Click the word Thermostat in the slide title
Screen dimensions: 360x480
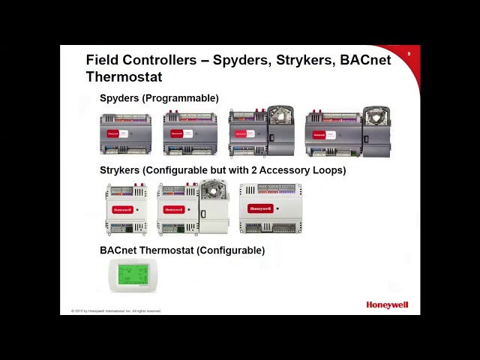tap(124, 76)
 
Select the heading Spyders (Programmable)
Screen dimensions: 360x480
tap(159, 98)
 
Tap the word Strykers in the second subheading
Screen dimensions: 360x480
tap(119, 170)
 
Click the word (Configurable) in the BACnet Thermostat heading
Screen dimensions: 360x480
tap(230, 250)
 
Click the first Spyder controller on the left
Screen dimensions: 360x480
tap(126, 133)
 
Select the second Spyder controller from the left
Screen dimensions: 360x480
tap(190, 133)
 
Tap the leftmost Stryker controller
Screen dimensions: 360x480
tap(125, 209)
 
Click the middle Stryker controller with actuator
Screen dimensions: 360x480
tap(193, 208)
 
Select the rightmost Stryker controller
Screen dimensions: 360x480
tap(270, 208)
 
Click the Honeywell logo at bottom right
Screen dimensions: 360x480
tap(387, 305)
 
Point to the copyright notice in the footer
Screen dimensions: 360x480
tap(116, 310)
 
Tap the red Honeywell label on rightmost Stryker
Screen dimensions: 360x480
tap(260, 209)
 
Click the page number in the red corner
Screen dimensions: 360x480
tap(409, 54)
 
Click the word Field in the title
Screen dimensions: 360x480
tap(103, 60)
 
